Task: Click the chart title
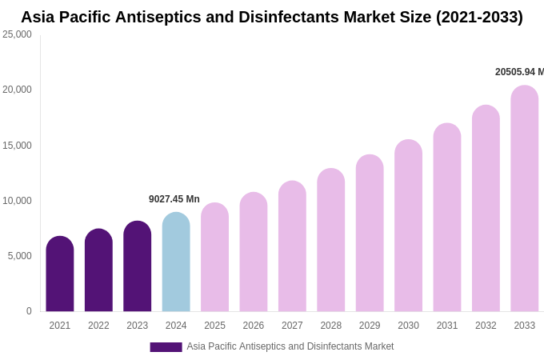[x=272, y=17]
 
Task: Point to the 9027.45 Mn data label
[x=174, y=199]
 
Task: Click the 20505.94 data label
[x=519, y=72]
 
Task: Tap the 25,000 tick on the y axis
[x=17, y=34]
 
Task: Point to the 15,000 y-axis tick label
[x=17, y=146]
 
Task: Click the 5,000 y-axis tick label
[x=19, y=256]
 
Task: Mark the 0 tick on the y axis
[x=29, y=311]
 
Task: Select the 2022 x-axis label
[x=98, y=326]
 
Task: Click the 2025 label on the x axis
[x=214, y=326]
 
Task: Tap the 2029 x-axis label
[x=370, y=326]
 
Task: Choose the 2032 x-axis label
[x=486, y=326]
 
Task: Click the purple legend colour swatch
[x=166, y=347]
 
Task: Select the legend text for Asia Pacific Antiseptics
[x=290, y=346]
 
